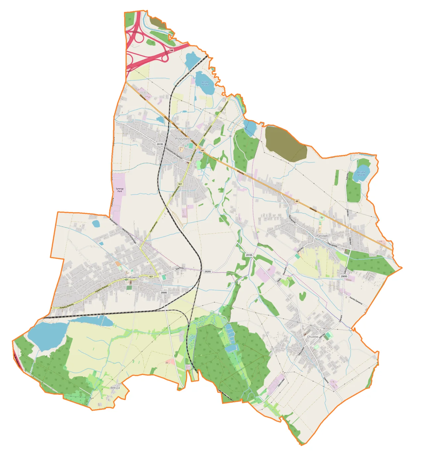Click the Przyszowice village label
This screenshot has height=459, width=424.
(x=183, y=139)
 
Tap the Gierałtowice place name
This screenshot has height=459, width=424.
(x=131, y=277)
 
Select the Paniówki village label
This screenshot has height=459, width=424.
(x=322, y=236)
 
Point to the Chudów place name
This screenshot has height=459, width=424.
(x=312, y=336)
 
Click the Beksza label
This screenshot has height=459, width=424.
(x=115, y=387)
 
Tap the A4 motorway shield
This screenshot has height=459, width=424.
(x=171, y=50)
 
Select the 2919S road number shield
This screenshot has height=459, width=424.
(x=160, y=144)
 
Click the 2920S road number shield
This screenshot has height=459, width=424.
(x=207, y=272)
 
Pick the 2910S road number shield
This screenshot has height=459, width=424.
(x=249, y=255)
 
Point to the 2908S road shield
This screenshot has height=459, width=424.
(x=164, y=293)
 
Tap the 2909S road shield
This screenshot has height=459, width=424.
(x=344, y=276)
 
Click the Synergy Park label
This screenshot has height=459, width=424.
(x=120, y=190)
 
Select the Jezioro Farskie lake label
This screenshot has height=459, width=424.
(x=205, y=83)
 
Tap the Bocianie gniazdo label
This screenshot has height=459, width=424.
(x=361, y=173)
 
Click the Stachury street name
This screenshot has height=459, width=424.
(x=180, y=268)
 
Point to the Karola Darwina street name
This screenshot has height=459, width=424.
(x=356, y=301)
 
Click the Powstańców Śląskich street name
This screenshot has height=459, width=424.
(x=175, y=153)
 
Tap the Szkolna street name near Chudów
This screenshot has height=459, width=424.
(x=326, y=380)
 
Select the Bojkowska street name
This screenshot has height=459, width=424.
(x=113, y=221)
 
